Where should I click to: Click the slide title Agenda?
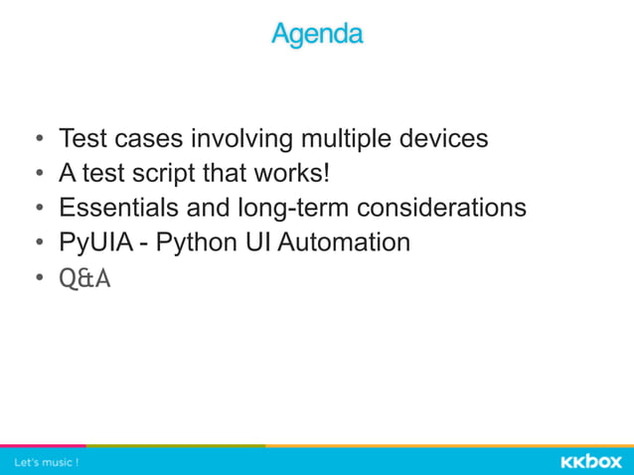(x=317, y=35)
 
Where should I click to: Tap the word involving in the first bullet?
(x=240, y=138)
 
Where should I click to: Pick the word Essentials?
(x=117, y=208)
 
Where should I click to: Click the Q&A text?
(x=84, y=279)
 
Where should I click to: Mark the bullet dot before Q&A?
(x=38, y=279)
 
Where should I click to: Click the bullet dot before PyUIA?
(x=38, y=243)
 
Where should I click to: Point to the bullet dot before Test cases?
(x=38, y=139)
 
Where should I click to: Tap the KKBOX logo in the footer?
(x=590, y=461)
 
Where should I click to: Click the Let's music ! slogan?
(x=46, y=462)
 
